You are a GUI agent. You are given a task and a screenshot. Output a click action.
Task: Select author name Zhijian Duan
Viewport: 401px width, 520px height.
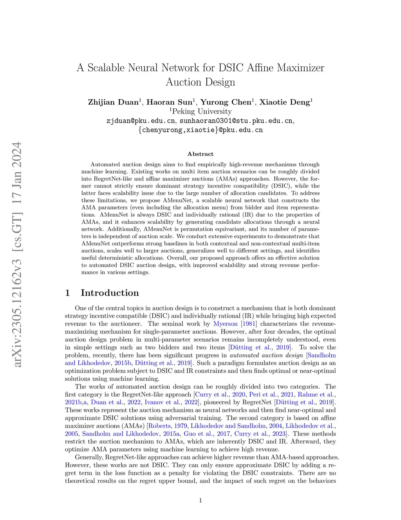(x=113, y=102)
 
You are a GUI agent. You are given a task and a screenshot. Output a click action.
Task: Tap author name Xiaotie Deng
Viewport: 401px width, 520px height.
(x=285, y=102)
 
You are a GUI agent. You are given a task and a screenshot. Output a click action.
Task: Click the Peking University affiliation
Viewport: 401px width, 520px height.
(x=202, y=111)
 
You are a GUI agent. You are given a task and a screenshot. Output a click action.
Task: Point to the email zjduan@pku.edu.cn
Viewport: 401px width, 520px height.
(x=141, y=121)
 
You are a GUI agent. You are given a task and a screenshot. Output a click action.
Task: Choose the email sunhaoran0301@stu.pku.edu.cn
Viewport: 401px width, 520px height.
(x=236, y=121)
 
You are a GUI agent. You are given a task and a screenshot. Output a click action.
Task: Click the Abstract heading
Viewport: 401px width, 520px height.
(x=200, y=154)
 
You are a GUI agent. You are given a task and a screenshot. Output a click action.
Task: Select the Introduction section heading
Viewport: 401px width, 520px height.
(x=110, y=293)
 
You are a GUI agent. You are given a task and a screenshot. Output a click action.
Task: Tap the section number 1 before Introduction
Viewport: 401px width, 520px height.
(x=67, y=293)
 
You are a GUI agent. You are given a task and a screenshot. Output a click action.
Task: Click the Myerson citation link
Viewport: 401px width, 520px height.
(x=225, y=324)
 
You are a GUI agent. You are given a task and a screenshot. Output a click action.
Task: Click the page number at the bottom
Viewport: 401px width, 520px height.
(x=200, y=500)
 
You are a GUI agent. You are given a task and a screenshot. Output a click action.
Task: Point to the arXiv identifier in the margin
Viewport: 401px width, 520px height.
(x=17, y=255)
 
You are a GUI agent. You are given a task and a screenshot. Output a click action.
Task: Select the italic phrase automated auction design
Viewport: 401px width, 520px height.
(x=266, y=355)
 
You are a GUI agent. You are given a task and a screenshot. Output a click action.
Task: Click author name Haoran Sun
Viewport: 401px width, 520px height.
(x=169, y=102)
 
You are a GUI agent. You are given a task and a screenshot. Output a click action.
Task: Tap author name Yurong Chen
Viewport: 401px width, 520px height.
(x=226, y=102)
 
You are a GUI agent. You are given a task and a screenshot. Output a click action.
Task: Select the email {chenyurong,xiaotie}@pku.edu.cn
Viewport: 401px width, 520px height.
(x=200, y=130)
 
